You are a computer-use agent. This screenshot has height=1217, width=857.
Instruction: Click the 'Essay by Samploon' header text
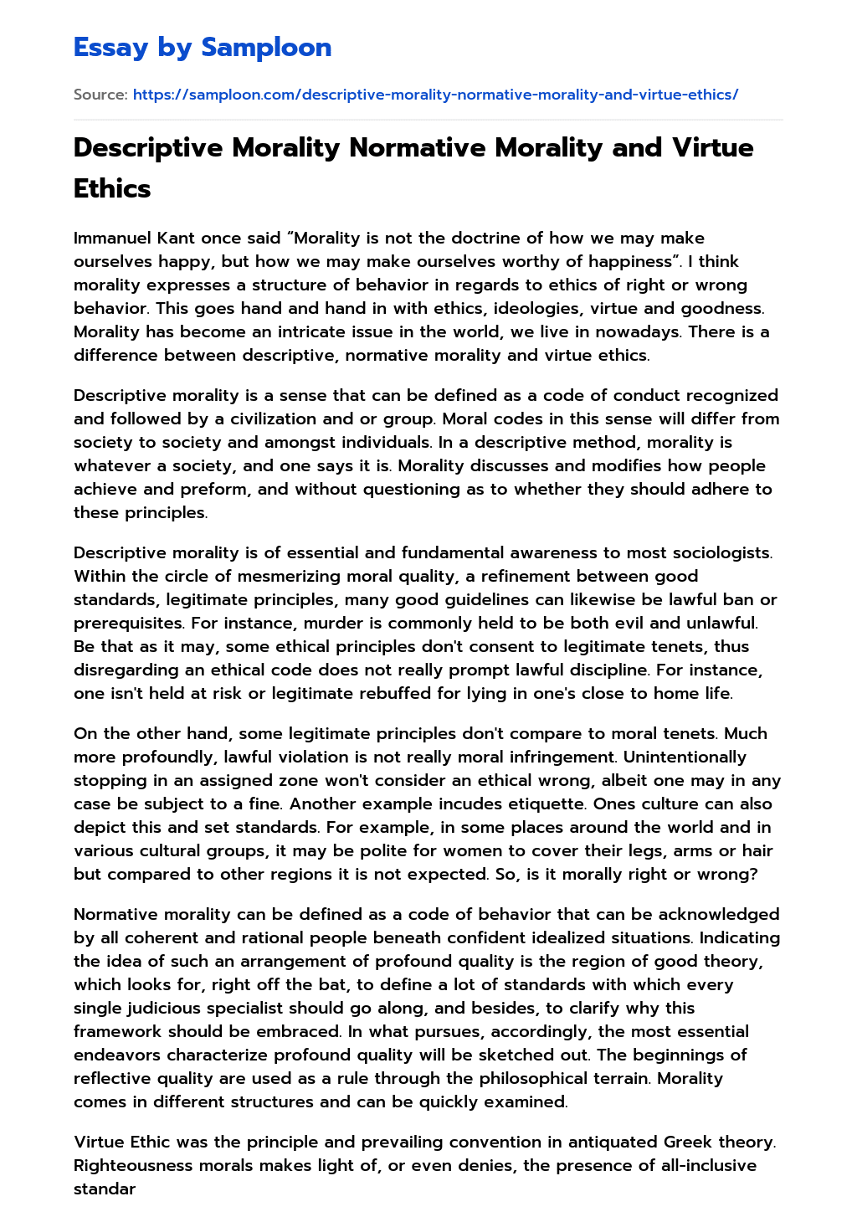(203, 47)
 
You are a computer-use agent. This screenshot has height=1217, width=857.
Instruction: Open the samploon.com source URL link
(435, 95)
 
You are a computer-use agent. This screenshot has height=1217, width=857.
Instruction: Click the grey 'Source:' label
(100, 95)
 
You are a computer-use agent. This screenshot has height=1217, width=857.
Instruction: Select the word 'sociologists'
(719, 552)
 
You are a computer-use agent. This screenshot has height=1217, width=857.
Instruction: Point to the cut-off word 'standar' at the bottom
(105, 1189)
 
